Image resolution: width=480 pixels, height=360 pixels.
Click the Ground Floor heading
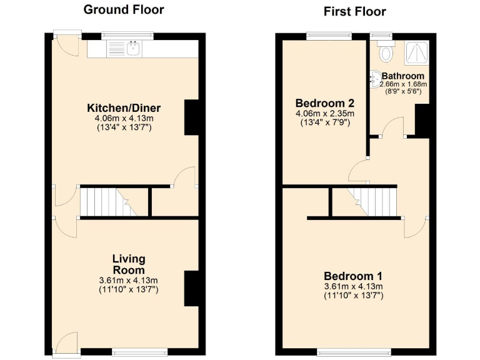pyautogui.click(x=123, y=9)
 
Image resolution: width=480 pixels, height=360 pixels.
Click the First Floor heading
pyautogui.click(x=354, y=11)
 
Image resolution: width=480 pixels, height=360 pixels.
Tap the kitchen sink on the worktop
pyautogui.click(x=132, y=47)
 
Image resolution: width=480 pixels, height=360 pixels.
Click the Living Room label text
pyautogui.click(x=129, y=264)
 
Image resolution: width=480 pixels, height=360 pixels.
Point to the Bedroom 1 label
pyautogui.click(x=353, y=276)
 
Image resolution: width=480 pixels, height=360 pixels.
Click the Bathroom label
pyautogui.click(x=404, y=76)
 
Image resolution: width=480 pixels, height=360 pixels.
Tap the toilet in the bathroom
pyautogui.click(x=386, y=52)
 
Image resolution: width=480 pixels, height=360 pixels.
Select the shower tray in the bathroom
pyautogui.click(x=413, y=53)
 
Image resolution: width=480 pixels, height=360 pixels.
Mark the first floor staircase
pyautogui.click(x=371, y=202)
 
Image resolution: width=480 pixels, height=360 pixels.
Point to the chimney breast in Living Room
pyautogui.click(x=191, y=288)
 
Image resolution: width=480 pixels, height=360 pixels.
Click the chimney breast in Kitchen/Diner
pyautogui.click(x=191, y=117)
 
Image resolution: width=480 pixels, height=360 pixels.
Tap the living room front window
pyautogui.click(x=140, y=352)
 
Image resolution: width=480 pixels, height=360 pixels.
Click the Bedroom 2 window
pyautogui.click(x=324, y=36)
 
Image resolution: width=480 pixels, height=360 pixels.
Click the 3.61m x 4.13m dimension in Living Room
pyautogui.click(x=128, y=280)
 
